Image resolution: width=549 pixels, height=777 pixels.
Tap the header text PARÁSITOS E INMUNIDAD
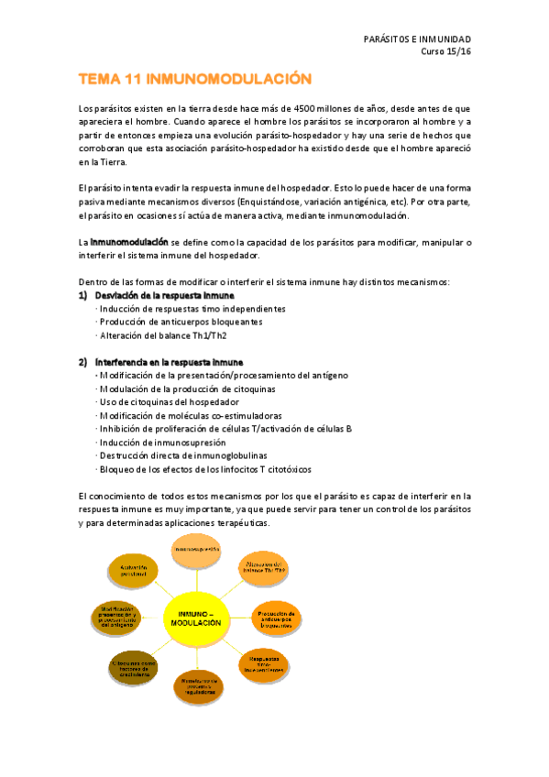pyautogui.click(x=417, y=39)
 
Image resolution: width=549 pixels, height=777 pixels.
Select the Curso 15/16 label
pyautogui.click(x=445, y=51)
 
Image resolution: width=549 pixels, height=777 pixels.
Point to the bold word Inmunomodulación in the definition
pyautogui.click(x=128, y=242)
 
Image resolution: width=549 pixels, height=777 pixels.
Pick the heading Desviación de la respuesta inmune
pyautogui.click(x=164, y=296)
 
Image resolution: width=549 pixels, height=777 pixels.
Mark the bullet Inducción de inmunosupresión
pyautogui.click(x=160, y=442)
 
